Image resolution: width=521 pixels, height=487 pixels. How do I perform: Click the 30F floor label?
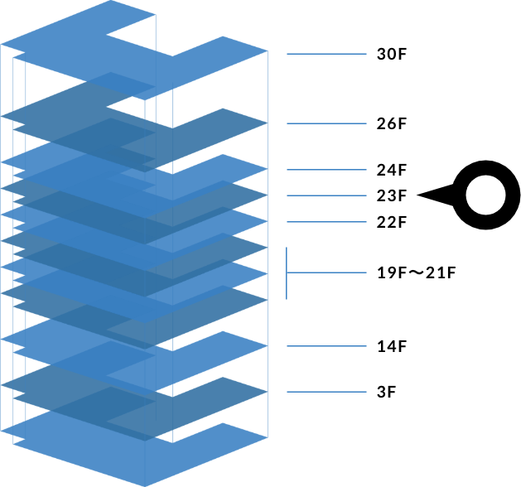coord(392,54)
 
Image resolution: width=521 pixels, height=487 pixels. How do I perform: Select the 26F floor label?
coord(392,123)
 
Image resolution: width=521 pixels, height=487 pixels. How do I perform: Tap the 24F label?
coord(392,170)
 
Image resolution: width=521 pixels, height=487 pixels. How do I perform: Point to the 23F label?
coord(392,195)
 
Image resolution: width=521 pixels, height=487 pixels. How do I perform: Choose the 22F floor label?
coord(392,222)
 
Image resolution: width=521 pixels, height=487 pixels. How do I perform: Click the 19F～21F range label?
coord(416,272)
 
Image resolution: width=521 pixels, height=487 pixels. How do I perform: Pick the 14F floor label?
coord(392,346)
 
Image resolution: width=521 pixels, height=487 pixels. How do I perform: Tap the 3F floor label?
coord(387,392)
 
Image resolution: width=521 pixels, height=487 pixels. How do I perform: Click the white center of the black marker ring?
coord(485,195)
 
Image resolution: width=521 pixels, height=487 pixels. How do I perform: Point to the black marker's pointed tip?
coord(417,195)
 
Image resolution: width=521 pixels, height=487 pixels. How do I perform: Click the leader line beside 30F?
coord(326,54)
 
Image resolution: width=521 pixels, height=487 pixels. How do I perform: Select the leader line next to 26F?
coord(326,123)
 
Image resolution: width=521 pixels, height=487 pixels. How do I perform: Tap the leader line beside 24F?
coord(326,170)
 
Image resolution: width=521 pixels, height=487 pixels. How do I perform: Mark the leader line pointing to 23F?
coord(326,195)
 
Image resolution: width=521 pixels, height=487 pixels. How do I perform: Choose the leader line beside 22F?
coord(326,222)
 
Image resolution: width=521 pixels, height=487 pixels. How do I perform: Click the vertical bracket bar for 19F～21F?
coord(287,273)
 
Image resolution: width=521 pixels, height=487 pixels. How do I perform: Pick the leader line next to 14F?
coord(326,346)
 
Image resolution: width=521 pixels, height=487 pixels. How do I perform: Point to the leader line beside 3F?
coord(326,392)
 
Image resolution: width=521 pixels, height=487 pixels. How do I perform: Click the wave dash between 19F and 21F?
coord(416,272)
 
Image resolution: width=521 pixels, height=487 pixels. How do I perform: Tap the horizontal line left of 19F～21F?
coord(326,272)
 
